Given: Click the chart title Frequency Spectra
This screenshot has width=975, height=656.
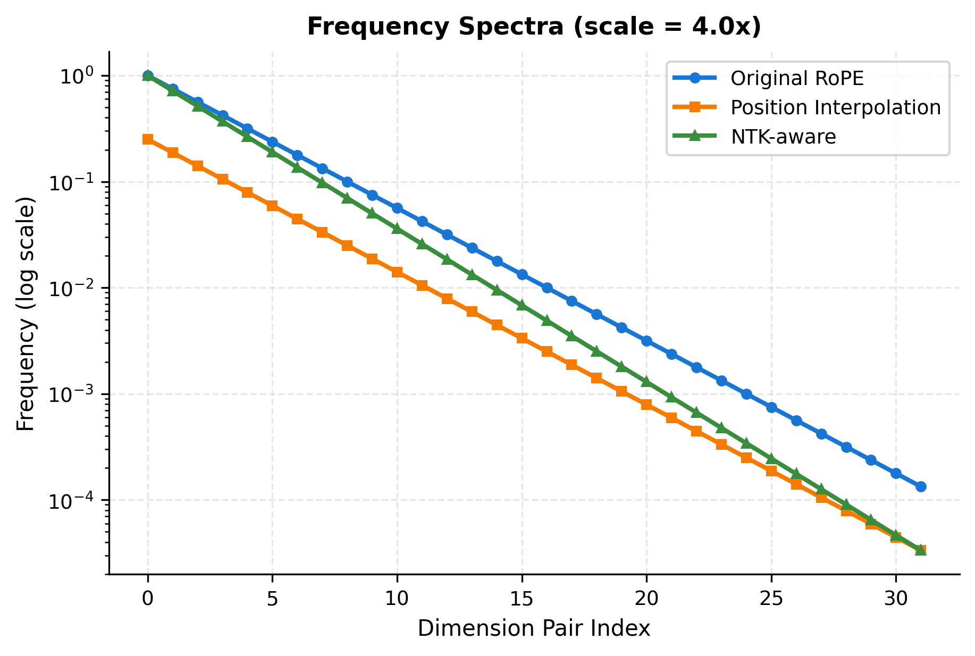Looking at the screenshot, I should coord(534,27).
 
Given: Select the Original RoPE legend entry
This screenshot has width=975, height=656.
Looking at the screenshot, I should coord(796,79).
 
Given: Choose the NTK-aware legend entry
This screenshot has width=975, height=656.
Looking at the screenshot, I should coord(783,137).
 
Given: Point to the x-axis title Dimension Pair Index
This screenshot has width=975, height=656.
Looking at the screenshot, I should coord(534,628).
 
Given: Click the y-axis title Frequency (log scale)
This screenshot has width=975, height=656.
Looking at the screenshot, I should coord(26,314).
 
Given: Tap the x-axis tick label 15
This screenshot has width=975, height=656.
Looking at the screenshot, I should coord(522,599).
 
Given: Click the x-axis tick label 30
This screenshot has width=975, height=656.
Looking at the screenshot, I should coord(896,599).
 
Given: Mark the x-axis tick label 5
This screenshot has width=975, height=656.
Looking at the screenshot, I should coord(272,599).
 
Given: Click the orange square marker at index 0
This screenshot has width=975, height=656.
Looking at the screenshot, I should coord(148,139).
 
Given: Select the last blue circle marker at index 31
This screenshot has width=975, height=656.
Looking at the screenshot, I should coord(921,486).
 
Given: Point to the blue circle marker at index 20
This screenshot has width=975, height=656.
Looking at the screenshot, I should coord(646,341).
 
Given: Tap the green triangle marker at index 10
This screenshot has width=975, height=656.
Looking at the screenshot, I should coord(397,229).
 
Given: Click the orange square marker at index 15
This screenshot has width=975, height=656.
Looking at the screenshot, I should coord(522,338).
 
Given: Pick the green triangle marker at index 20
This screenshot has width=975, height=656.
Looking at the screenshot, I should coord(646,382).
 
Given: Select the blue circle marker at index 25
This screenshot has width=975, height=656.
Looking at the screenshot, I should coord(771,407).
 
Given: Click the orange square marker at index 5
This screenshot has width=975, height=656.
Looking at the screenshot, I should coord(272,206).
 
